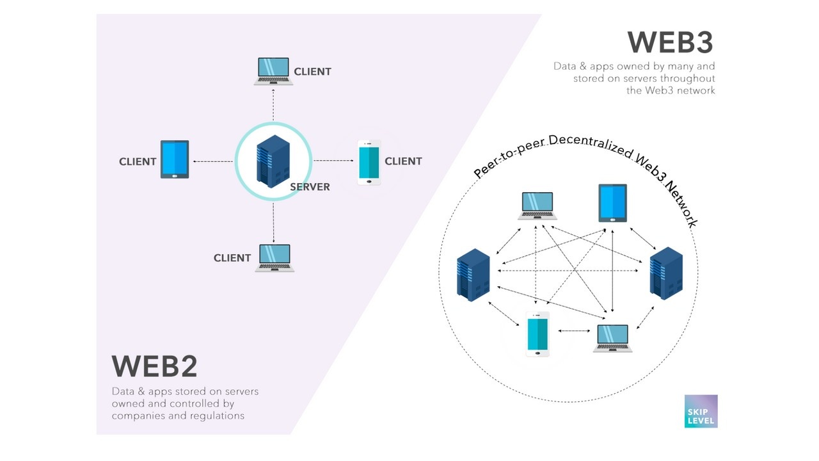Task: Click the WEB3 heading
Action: (x=670, y=42)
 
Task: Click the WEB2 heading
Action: (x=154, y=366)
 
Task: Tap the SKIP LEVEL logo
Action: (x=701, y=411)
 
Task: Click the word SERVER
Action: (x=310, y=187)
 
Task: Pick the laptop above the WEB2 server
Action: (x=273, y=71)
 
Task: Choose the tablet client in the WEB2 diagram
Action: (x=175, y=159)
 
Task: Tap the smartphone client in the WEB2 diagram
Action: (x=369, y=163)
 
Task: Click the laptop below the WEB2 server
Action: (x=274, y=258)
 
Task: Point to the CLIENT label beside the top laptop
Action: (x=312, y=72)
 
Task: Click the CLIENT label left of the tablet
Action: (x=138, y=162)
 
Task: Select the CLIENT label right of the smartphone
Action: (x=403, y=161)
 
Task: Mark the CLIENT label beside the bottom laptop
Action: (x=232, y=258)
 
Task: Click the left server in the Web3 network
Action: (x=473, y=275)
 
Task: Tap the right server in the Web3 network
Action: (x=666, y=273)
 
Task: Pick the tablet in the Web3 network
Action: (x=612, y=203)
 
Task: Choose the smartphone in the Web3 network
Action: (x=537, y=334)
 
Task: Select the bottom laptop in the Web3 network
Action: (x=612, y=338)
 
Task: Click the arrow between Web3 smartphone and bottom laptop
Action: (x=574, y=331)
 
